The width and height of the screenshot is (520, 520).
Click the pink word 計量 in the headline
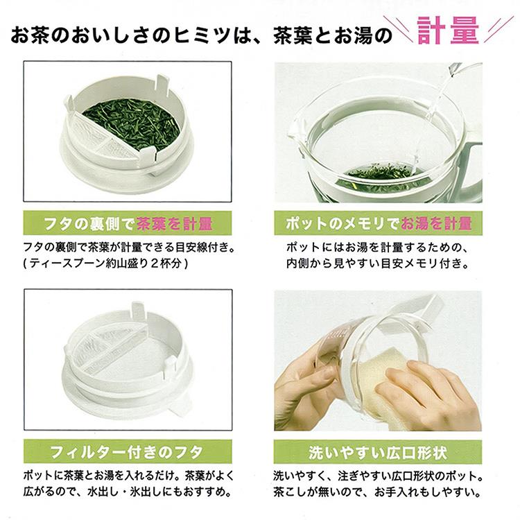[448, 31]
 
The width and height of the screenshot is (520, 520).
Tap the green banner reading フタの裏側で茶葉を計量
[128, 223]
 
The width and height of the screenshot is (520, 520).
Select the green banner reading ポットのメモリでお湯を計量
[378, 223]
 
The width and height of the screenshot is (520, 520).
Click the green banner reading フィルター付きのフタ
[128, 451]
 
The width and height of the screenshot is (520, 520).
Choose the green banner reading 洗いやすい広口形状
[378, 451]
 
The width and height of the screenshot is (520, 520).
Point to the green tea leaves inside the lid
[132, 123]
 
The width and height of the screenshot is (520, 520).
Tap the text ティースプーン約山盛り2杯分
[106, 263]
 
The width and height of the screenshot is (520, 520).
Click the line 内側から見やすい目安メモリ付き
[377, 263]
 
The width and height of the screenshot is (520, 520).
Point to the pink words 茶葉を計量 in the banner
[174, 223]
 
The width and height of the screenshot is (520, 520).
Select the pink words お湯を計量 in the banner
[436, 223]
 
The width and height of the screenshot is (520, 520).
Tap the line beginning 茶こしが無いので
[377, 492]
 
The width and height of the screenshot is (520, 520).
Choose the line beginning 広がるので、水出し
[128, 491]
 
